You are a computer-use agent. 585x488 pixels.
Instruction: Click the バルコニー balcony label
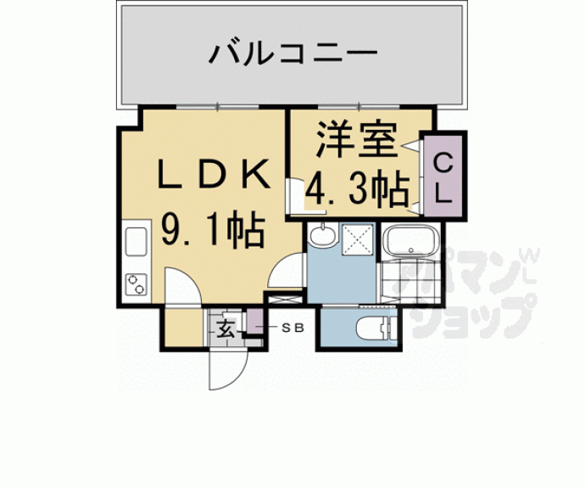(x=292, y=58)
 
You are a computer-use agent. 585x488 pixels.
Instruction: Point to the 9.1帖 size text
(x=214, y=228)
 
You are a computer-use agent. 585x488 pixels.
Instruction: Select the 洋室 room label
(x=355, y=141)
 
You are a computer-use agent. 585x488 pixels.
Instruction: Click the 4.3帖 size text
(x=355, y=190)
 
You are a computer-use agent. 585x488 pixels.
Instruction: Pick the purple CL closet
(x=443, y=177)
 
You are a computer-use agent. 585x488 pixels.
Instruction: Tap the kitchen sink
(x=136, y=241)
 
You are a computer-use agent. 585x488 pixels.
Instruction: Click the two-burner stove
(x=136, y=283)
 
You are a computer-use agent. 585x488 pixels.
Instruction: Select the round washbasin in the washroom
(x=322, y=235)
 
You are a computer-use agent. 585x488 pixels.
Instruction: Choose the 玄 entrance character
(x=226, y=328)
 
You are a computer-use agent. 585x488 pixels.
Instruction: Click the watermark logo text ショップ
(x=475, y=317)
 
